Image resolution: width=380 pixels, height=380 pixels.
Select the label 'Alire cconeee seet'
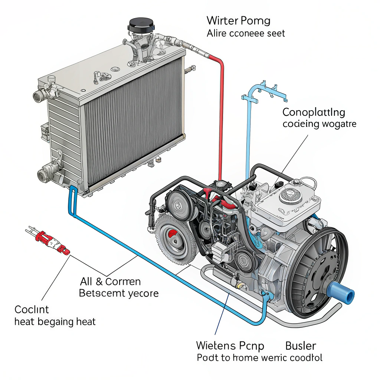click(246, 33)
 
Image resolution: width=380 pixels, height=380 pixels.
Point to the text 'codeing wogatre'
click(319, 124)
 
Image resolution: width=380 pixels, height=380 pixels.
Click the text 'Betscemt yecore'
click(119, 294)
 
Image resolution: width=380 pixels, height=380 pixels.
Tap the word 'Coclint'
click(32, 309)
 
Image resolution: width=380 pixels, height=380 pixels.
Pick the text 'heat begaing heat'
click(55, 321)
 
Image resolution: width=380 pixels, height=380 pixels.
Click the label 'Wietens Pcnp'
click(230, 346)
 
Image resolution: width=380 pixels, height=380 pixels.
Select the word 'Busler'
click(301, 346)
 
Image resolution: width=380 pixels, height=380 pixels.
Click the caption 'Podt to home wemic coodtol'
click(259, 358)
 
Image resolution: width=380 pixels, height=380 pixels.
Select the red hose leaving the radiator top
click(222, 111)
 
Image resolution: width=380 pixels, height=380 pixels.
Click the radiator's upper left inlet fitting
click(40, 95)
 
